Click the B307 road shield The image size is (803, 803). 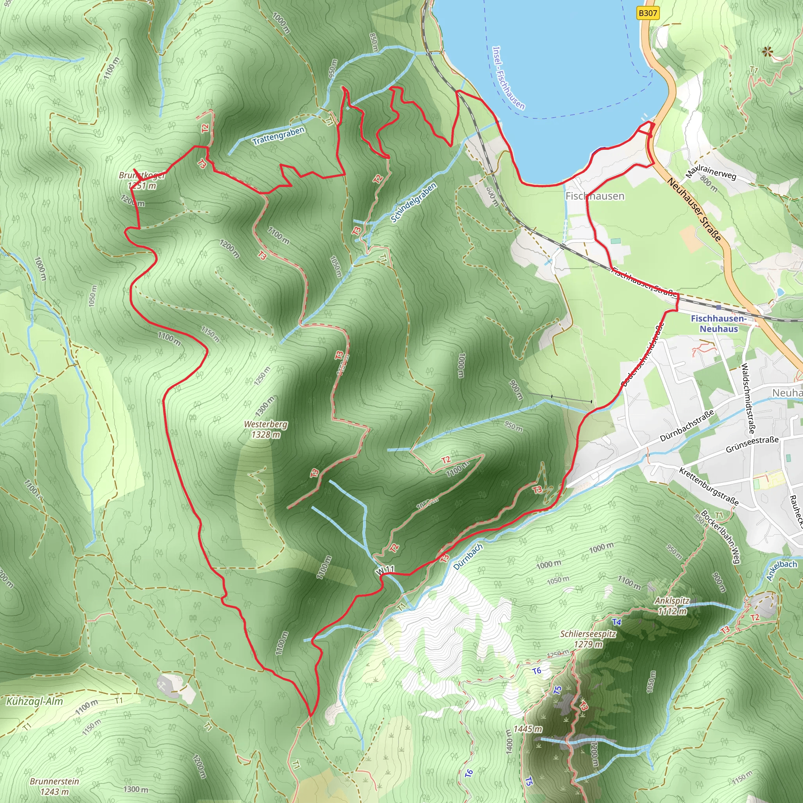tap(648, 13)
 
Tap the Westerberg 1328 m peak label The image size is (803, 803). tap(265, 429)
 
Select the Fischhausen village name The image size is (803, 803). tap(595, 196)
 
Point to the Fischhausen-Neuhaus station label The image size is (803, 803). tap(719, 323)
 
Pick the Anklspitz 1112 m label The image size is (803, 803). tap(672, 606)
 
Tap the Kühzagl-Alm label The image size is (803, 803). tap(35, 701)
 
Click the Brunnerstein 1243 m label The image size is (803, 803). tap(55, 787)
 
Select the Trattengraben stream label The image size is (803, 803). tap(278, 136)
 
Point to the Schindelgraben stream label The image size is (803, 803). tap(414, 202)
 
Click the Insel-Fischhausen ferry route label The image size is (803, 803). tap(508, 78)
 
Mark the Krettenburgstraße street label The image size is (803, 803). tap(709, 486)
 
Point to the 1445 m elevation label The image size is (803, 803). tap(527, 729)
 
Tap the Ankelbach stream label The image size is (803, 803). tap(782, 570)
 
